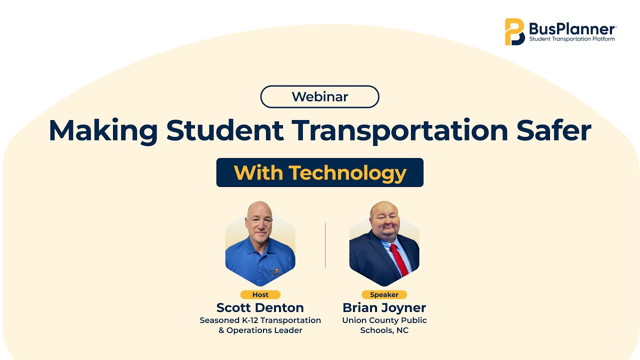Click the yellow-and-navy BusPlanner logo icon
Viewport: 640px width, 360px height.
pos(514,31)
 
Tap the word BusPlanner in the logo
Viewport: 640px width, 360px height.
pos(572,29)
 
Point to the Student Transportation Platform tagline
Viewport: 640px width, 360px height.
pos(572,39)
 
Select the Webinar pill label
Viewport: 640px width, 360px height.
pos(319,96)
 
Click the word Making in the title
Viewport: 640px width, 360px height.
pos(103,131)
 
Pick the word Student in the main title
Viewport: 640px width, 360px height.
pos(225,130)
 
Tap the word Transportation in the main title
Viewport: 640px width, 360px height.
pos(399,131)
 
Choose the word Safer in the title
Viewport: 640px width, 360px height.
pos(553,130)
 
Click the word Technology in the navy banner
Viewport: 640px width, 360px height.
pos(347,173)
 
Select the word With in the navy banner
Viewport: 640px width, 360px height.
pos(258,172)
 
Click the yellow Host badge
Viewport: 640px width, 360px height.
pos(260,294)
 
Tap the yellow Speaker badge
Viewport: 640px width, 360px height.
pos(384,294)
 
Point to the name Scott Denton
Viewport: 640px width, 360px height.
pos(260,307)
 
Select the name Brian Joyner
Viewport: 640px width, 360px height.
pos(384,308)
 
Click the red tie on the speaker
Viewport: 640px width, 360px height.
pos(399,259)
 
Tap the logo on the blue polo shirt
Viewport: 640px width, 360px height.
pos(275,272)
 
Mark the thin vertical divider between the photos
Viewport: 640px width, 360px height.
pos(325,245)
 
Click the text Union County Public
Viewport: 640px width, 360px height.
pos(384,320)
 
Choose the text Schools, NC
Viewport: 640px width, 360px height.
pos(384,330)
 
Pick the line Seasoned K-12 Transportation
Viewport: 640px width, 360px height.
pos(260,320)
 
